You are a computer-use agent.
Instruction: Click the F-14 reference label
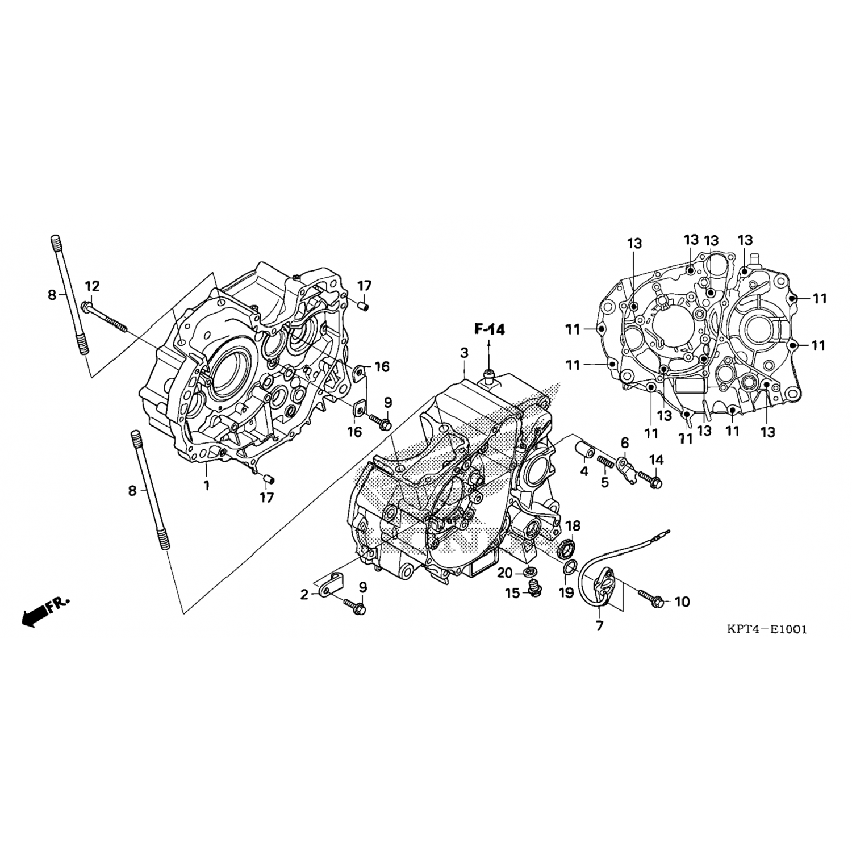[490, 329]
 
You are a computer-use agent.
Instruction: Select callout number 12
[92, 285]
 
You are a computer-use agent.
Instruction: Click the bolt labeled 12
[104, 317]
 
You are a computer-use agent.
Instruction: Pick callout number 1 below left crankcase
[207, 486]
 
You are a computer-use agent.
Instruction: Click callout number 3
[464, 353]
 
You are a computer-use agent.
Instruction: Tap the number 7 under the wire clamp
[600, 626]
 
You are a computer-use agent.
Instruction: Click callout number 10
[682, 602]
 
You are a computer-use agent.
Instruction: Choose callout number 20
[505, 573]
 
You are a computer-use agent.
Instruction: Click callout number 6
[625, 442]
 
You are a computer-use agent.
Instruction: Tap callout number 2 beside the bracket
[304, 595]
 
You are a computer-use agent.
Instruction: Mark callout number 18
[573, 525]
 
